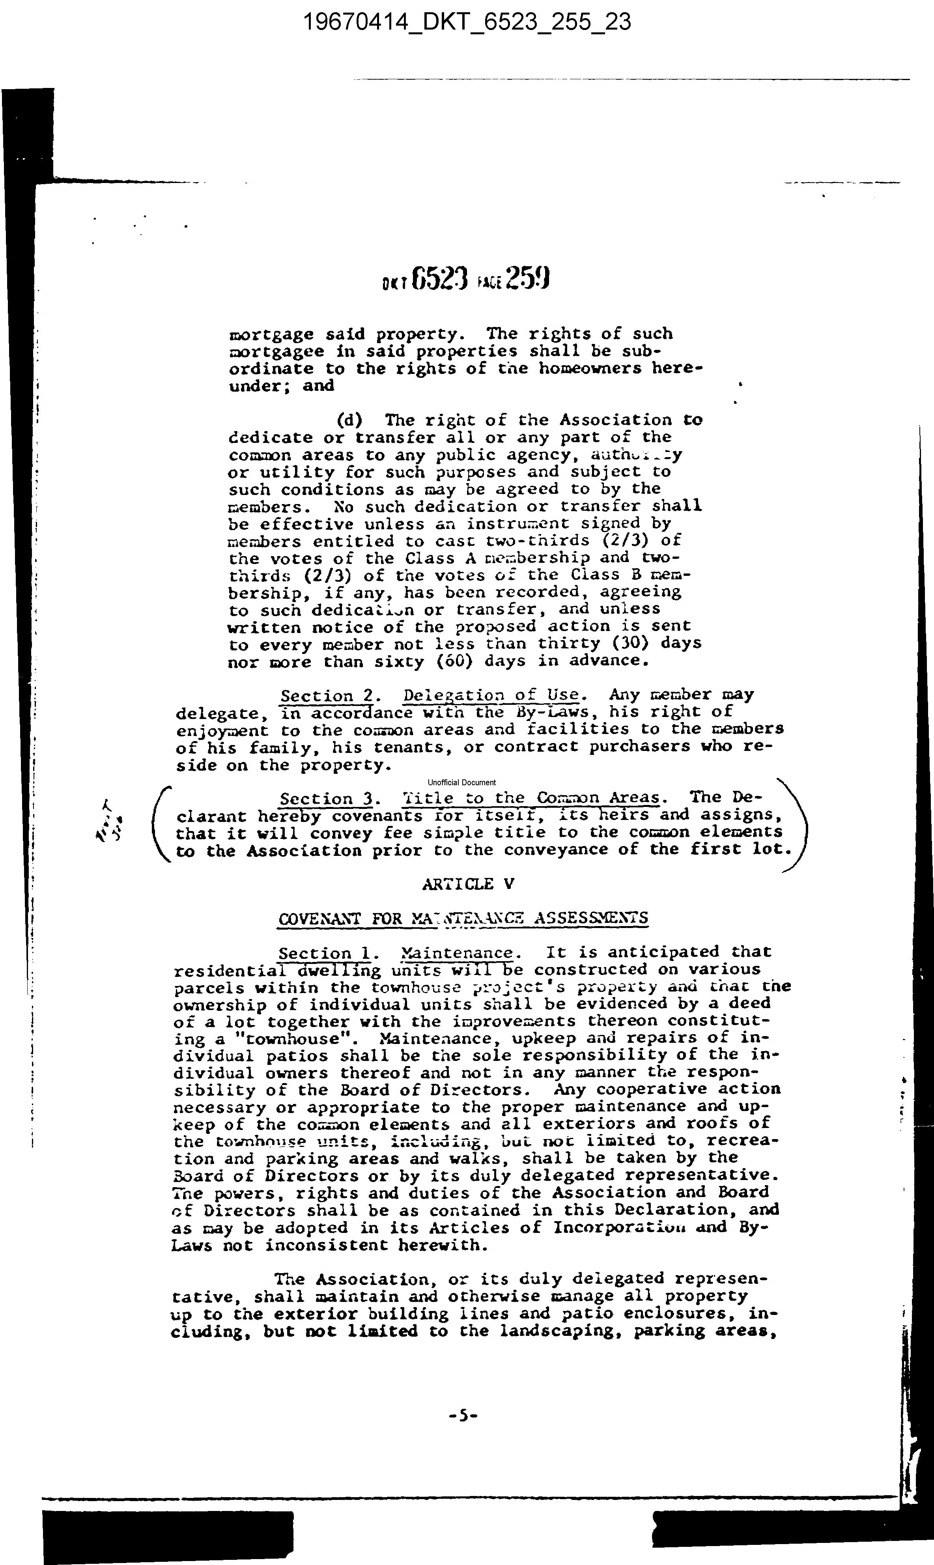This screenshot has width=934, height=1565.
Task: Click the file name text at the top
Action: tap(467, 22)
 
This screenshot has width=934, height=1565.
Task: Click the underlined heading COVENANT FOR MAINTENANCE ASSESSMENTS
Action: tap(463, 918)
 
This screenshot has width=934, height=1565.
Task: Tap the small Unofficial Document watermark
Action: tap(461, 782)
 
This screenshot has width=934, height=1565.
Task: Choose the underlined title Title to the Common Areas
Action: tap(531, 798)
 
